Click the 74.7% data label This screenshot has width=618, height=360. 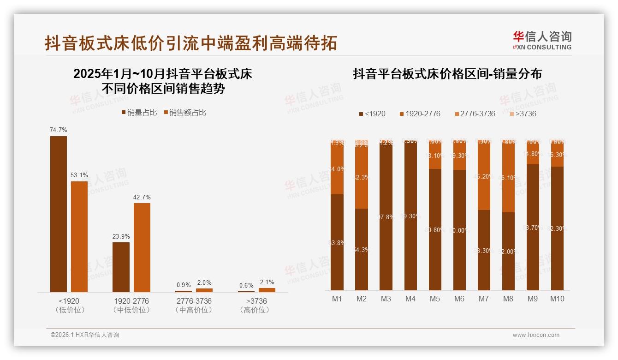58,130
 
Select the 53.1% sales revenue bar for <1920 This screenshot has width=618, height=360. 79,236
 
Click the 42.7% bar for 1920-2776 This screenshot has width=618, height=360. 142,247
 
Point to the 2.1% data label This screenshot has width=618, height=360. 267,282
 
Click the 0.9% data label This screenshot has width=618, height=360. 184,285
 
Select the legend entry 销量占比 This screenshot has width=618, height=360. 139,113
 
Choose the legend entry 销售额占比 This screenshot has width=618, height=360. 185,113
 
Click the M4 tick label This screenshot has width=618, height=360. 410,299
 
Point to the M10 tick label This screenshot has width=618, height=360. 557,299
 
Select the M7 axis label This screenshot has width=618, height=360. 483,299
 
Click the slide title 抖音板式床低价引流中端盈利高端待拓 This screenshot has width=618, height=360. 191,43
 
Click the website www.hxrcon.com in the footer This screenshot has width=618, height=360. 536,335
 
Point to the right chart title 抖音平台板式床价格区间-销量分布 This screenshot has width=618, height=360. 447,74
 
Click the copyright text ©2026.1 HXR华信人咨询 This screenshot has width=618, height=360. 84,335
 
